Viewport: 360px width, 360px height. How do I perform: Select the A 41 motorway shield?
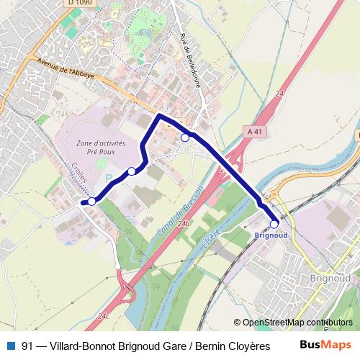tap(253, 131)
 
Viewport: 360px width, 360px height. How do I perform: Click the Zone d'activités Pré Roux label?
tap(100, 148)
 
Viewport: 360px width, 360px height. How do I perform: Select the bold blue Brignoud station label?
tap(271, 235)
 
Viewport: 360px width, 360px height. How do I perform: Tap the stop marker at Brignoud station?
tap(274, 224)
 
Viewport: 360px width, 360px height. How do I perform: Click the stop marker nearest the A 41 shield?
tap(185, 138)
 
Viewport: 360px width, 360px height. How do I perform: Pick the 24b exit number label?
tap(185, 224)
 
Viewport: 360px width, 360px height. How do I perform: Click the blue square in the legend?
tap(10, 345)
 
